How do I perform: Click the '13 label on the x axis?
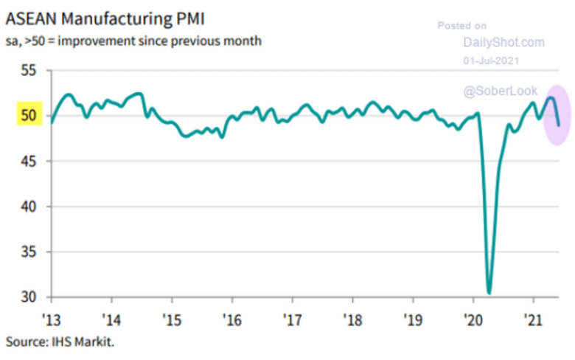coord(51,322)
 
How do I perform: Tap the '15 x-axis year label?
coord(171,322)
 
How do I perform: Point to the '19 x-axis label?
coord(413,322)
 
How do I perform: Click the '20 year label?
coord(473,322)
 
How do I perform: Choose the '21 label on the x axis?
coord(533,322)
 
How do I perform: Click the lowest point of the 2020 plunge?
coord(489,292)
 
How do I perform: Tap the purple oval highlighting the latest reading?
coord(554,114)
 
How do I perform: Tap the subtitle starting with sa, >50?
coord(133,40)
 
